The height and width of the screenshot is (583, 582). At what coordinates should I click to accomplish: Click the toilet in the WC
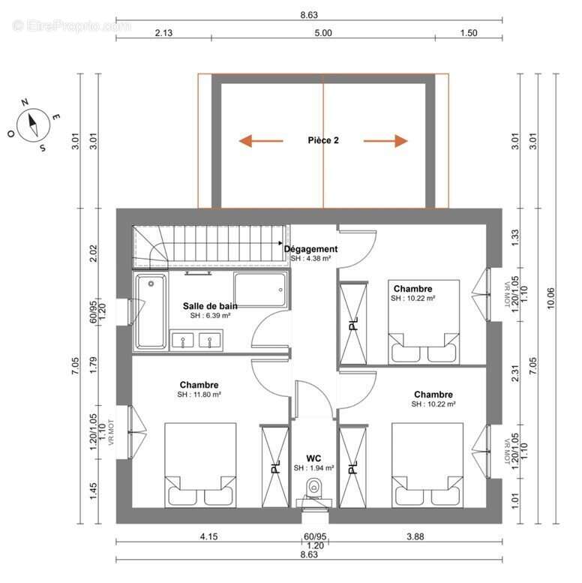(314, 488)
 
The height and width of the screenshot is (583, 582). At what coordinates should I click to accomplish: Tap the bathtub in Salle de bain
(151, 311)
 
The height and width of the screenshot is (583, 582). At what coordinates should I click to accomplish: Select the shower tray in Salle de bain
(261, 290)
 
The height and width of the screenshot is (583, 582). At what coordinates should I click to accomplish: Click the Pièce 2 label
(323, 140)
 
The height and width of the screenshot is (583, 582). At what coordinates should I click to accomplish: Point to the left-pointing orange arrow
(261, 141)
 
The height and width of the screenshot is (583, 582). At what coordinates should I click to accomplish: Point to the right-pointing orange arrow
(385, 141)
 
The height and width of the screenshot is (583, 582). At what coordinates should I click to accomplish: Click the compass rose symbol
(34, 125)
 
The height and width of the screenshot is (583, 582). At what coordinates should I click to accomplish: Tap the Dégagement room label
(310, 249)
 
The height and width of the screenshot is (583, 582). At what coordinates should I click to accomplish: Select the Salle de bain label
(210, 306)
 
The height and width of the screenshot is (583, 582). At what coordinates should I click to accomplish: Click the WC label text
(313, 458)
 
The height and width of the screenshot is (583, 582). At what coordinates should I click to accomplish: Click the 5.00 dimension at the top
(323, 33)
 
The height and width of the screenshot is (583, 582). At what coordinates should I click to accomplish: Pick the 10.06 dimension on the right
(550, 298)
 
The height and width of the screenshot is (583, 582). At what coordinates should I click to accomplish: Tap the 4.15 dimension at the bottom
(208, 536)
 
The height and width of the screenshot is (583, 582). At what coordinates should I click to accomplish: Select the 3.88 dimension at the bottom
(415, 536)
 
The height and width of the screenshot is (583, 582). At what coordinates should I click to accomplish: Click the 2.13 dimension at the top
(163, 33)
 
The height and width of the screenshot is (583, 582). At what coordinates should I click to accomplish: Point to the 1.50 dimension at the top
(469, 33)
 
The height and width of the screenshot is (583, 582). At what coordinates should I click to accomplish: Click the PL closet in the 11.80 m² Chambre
(275, 467)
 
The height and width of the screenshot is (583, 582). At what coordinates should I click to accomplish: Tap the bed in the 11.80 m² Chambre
(200, 465)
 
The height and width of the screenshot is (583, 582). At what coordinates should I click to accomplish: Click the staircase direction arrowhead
(280, 243)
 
